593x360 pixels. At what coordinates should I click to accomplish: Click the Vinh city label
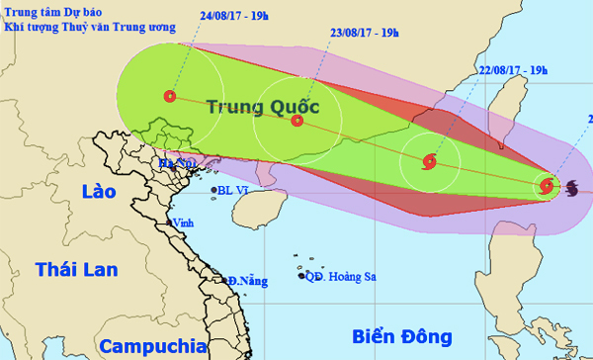pos(183,225)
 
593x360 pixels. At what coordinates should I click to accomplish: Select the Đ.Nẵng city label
pos(248,281)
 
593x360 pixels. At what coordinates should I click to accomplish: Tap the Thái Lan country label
pos(75,269)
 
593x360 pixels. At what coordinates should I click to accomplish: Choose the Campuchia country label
pos(151,346)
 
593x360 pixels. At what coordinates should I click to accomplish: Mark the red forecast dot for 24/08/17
pos(170,97)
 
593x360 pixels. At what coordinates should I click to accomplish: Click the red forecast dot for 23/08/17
pos(297,121)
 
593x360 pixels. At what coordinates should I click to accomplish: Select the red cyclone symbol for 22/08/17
pos(429,161)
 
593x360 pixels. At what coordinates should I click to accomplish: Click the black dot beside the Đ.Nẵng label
pos(227,280)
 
